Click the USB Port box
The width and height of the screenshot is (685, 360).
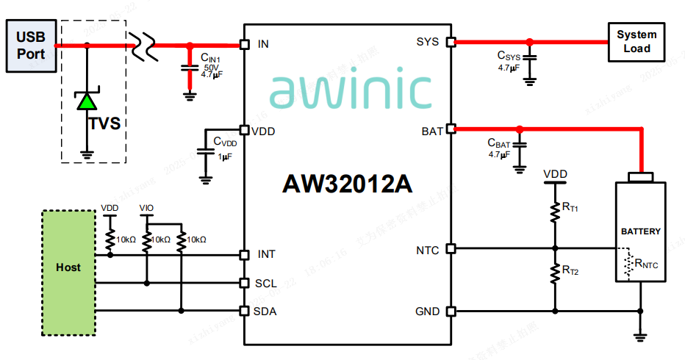31,46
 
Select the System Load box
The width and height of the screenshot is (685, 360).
636,42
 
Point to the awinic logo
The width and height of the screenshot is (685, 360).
350,90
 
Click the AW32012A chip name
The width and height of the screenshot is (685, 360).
348,184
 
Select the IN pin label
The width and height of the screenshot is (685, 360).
263,44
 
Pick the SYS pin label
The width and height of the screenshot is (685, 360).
428,42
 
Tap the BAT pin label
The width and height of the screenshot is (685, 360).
431,132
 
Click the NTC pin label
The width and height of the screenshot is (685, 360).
428,251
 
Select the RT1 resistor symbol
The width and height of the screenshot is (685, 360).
555,211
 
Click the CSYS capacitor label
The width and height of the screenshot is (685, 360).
509,56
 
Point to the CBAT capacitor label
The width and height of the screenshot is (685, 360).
498,143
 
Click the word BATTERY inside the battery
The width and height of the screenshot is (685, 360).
640,231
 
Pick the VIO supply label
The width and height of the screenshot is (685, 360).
147,209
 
